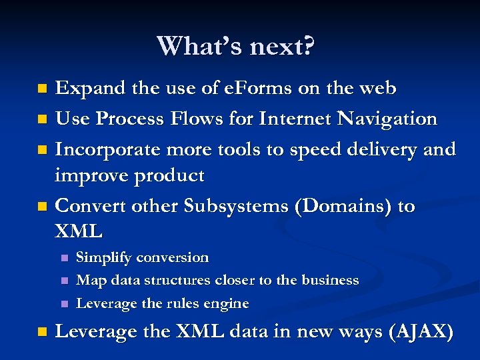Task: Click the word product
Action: (168, 176)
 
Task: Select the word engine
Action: (227, 304)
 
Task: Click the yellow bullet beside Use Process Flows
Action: (43, 120)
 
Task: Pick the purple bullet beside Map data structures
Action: (63, 281)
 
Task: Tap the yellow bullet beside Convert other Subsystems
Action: (43, 207)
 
